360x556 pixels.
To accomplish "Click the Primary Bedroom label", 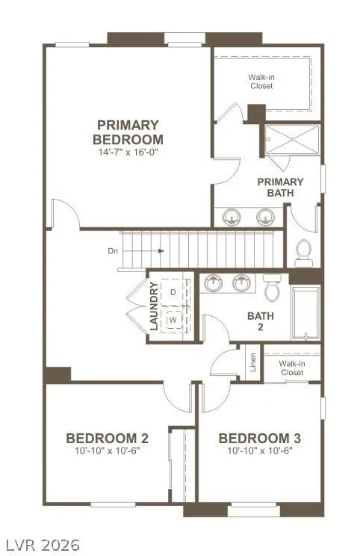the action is (x=128, y=132).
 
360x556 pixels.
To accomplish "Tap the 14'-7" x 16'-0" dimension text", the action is (x=128, y=152).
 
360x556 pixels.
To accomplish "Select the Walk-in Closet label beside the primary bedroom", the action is (x=261, y=81).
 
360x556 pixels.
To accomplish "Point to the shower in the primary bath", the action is (x=292, y=140).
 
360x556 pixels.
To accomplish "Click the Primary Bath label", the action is (x=280, y=188).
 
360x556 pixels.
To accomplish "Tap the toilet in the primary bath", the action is (x=304, y=253).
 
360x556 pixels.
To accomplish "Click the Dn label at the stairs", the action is (x=113, y=251).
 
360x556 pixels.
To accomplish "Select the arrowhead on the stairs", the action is (x=161, y=250).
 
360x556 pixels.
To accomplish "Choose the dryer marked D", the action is (x=173, y=292).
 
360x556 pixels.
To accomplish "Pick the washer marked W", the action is (x=173, y=320).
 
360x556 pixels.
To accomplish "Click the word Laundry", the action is (x=154, y=306).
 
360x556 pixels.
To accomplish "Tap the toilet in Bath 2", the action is (x=272, y=288).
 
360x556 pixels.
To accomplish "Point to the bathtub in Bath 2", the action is (x=305, y=312).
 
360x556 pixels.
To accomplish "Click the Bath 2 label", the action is (x=261, y=321).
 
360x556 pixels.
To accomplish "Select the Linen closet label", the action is (x=253, y=362).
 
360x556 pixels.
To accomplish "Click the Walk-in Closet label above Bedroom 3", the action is (x=292, y=368).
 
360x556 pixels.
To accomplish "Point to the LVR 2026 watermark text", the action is (x=42, y=544).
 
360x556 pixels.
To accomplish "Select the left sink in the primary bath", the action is (x=232, y=216).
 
